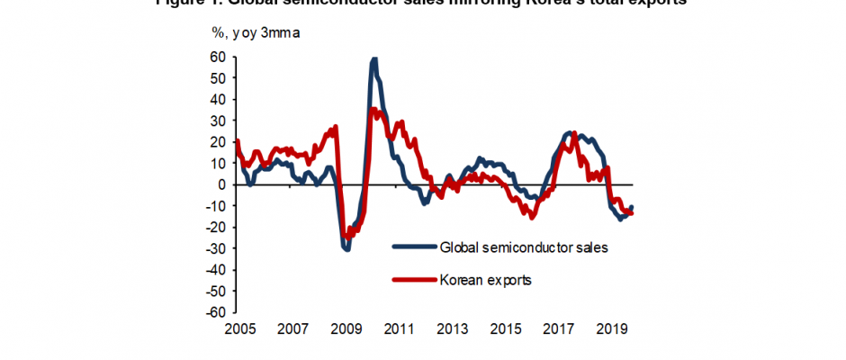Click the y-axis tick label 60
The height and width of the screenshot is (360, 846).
(x=219, y=56)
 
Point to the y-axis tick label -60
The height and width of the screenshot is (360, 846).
(x=217, y=313)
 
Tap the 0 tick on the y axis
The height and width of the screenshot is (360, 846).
(x=222, y=184)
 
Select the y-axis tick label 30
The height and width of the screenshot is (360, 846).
(x=219, y=121)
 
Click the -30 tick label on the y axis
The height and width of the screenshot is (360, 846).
(x=217, y=249)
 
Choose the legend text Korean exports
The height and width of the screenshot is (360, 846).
(x=485, y=280)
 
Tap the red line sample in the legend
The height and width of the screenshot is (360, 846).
(x=415, y=280)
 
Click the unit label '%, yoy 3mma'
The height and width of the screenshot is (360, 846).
(x=256, y=34)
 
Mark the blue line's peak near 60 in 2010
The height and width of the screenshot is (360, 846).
(x=373, y=59)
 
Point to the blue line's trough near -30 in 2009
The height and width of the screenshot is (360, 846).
(x=346, y=248)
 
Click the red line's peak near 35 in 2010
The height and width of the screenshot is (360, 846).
(x=373, y=109)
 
